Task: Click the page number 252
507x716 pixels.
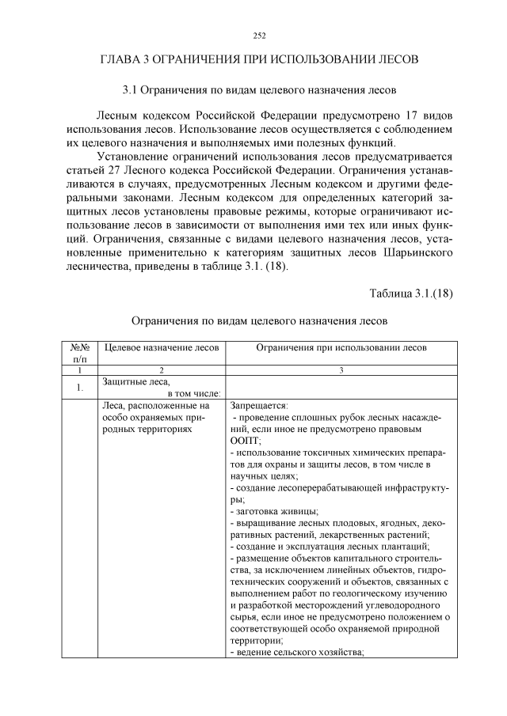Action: click(258, 35)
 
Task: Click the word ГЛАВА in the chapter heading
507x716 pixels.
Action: click(121, 59)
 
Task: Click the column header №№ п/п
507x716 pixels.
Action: click(79, 353)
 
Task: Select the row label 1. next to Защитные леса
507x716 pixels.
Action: click(79, 388)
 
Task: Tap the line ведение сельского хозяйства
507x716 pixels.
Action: click(296, 652)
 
